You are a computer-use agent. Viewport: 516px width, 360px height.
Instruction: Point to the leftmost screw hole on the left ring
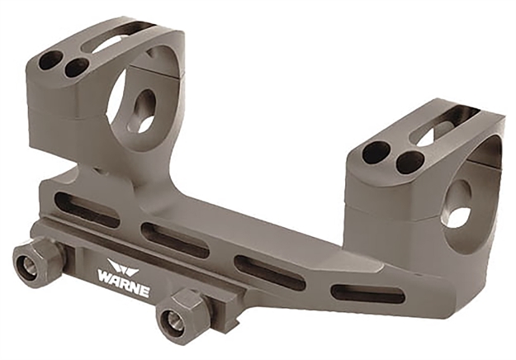(50, 60)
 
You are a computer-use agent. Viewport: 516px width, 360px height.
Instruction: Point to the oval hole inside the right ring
(456, 206)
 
